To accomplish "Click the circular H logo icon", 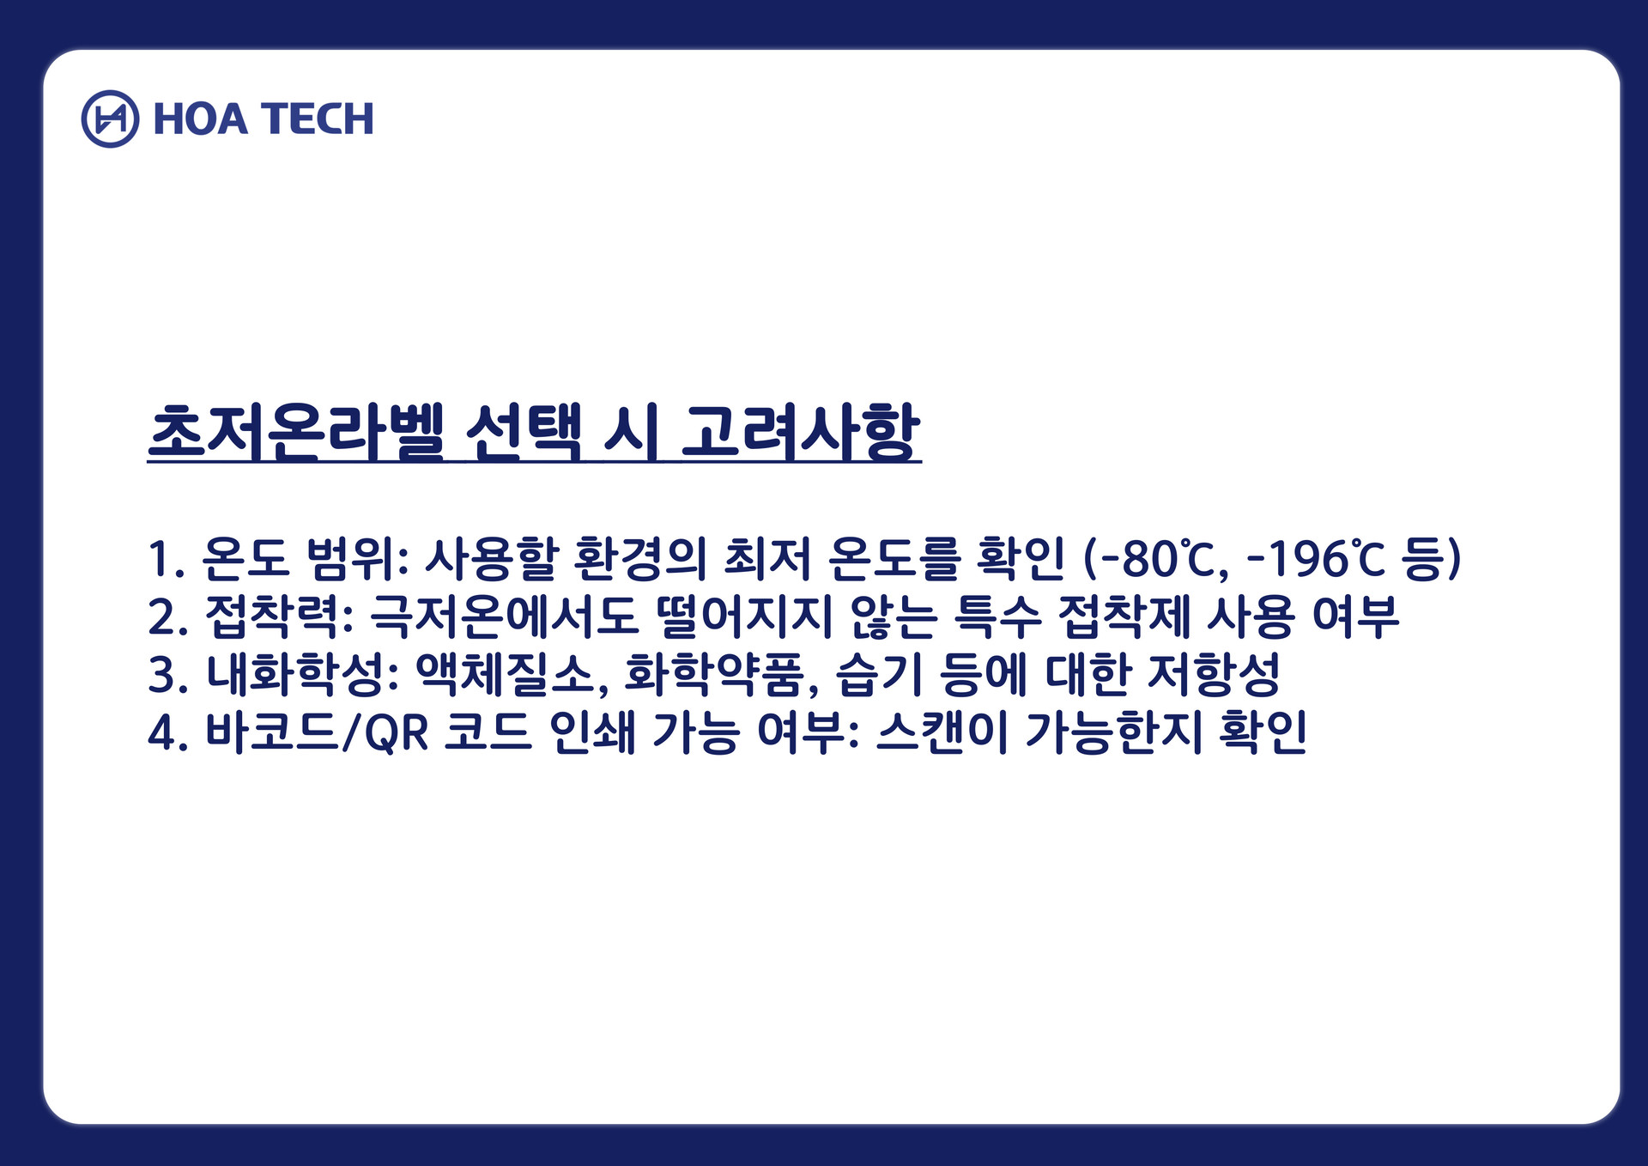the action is [x=110, y=118].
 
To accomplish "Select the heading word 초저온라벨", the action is [x=296, y=432].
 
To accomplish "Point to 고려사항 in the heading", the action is [x=801, y=432].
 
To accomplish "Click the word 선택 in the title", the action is [x=524, y=432].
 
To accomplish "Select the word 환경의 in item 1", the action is [x=639, y=559].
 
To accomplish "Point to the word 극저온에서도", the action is [x=505, y=616].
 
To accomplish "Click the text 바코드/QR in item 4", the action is [x=317, y=732].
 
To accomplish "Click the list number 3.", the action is [x=161, y=675].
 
